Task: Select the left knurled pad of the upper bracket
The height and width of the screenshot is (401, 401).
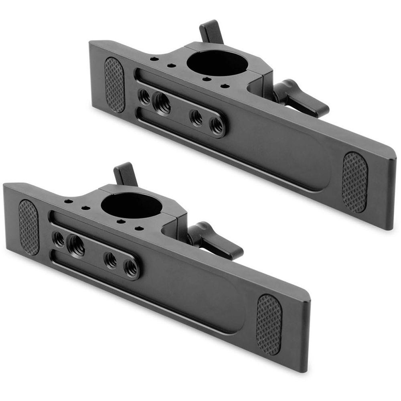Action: coord(115,85)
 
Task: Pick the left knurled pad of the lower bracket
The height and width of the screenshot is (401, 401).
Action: coord(29,227)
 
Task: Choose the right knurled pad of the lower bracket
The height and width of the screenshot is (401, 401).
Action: coord(269,324)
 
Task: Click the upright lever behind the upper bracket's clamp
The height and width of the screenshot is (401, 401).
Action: coord(211,31)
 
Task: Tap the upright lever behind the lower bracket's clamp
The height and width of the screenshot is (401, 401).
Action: coord(125,174)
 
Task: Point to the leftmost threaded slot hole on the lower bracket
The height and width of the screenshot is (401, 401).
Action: coord(59,239)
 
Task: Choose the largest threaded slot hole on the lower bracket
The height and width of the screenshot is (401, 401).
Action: coord(76,245)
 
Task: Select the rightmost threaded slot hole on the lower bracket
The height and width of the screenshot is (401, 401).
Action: coord(130,268)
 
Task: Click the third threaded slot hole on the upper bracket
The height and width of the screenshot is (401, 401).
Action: coord(196,117)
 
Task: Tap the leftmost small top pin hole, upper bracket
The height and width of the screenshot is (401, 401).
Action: coord(154,59)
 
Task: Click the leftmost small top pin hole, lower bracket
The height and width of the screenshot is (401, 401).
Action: coord(68,201)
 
